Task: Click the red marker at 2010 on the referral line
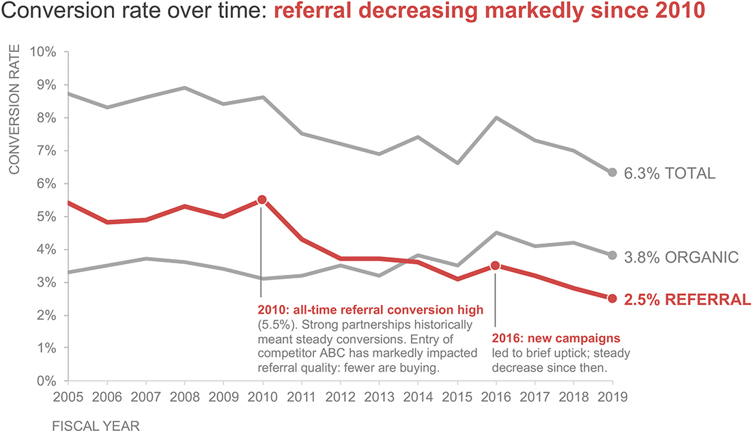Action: pos(261,200)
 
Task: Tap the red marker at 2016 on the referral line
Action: pos(495,265)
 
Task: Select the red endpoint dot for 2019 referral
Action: pos(612,298)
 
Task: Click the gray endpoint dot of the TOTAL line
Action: pos(612,173)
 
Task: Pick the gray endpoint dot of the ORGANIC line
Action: pos(612,255)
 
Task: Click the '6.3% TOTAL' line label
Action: pos(670,173)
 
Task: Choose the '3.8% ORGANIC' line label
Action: pos(681,258)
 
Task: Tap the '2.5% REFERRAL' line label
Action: pos(687,299)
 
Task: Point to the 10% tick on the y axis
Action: pos(42,52)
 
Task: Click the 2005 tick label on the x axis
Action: pos(67,398)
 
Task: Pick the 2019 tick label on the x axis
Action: pos(612,398)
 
